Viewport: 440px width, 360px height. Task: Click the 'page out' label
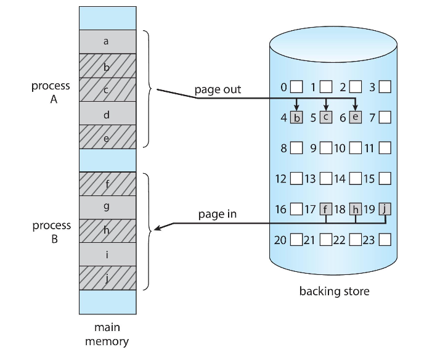point(218,89)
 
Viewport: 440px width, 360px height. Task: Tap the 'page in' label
point(217,215)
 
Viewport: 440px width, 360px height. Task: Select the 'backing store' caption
point(334,291)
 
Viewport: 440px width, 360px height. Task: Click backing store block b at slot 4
point(296,117)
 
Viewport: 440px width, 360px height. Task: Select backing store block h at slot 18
point(356,209)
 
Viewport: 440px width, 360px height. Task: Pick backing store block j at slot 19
point(385,209)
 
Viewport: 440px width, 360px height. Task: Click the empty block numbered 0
point(296,87)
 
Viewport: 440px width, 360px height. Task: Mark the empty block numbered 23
point(385,239)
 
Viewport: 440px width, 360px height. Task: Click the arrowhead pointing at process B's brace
point(158,229)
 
